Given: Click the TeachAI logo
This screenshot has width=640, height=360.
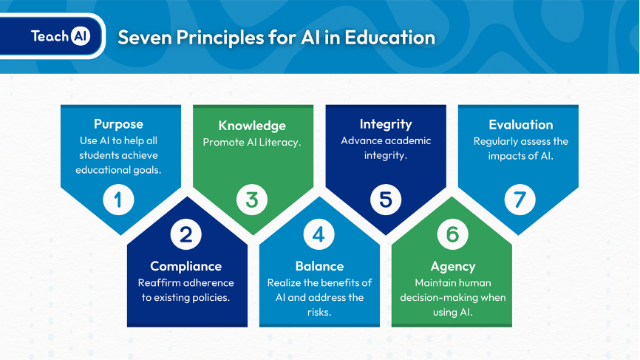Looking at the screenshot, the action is click(x=61, y=36).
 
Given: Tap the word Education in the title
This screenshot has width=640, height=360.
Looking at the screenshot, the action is click(x=389, y=37).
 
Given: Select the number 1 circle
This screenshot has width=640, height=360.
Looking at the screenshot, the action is click(x=118, y=200).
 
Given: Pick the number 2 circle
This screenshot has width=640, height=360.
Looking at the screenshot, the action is click(x=185, y=234).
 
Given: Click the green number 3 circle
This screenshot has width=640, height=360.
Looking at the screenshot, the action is click(x=252, y=200).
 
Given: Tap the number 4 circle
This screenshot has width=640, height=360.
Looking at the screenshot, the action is click(x=319, y=234).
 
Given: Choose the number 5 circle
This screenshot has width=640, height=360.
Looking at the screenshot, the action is click(x=386, y=200).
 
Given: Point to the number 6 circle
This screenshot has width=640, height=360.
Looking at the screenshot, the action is click(x=452, y=234).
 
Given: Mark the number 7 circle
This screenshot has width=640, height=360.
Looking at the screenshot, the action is click(x=520, y=200).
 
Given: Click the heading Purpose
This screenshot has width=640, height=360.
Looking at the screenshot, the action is click(x=118, y=124).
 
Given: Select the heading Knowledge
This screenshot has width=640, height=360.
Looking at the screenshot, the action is click(x=252, y=126).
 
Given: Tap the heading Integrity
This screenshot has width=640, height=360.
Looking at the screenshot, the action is click(x=386, y=124).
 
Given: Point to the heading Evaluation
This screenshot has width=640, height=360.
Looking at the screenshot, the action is click(x=521, y=124).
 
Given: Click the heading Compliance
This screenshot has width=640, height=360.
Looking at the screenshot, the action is click(x=185, y=267).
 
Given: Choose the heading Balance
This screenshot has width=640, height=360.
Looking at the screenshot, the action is click(x=319, y=266).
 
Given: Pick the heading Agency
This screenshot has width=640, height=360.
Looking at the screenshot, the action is click(x=453, y=267).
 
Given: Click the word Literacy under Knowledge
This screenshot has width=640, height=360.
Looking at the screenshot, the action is click(x=279, y=143).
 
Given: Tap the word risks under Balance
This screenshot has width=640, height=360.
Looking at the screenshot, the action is click(x=319, y=312).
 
